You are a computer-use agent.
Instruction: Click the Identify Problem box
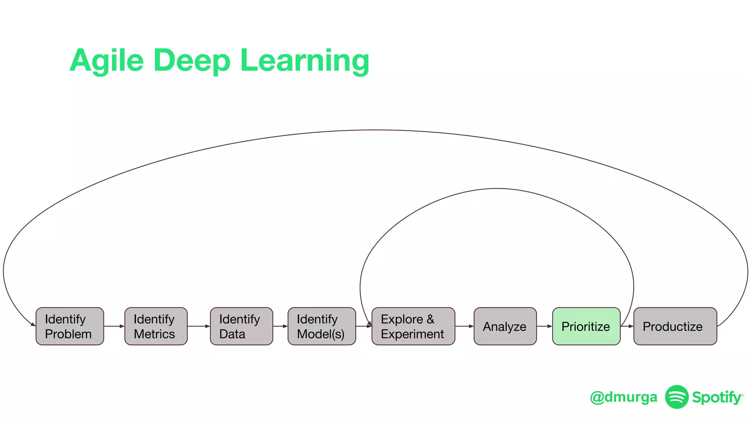tap(70, 326)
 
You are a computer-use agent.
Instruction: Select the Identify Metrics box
tap(156, 326)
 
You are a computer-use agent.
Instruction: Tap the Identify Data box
tap(241, 326)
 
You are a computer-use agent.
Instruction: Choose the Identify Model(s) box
tap(322, 326)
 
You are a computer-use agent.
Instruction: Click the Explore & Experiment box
tap(413, 326)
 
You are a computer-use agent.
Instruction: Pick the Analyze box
tap(505, 326)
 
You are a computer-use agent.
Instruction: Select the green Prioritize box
tap(586, 326)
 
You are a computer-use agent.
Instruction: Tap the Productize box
tap(675, 326)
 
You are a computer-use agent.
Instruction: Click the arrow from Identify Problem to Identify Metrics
tap(114, 326)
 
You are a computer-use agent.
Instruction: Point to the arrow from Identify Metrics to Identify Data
tap(198, 326)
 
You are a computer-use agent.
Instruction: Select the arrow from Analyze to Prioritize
tap(544, 326)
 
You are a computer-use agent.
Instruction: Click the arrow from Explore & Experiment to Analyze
tap(464, 326)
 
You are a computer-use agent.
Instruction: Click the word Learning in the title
tap(304, 60)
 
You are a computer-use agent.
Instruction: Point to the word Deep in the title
tap(192, 60)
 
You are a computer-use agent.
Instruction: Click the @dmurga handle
tap(623, 397)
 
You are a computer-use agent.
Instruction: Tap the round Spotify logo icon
tap(677, 397)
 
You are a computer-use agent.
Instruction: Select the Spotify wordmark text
tap(717, 397)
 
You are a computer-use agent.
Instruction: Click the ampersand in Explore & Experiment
tap(430, 319)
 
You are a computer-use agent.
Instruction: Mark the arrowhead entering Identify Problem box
tap(33, 324)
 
